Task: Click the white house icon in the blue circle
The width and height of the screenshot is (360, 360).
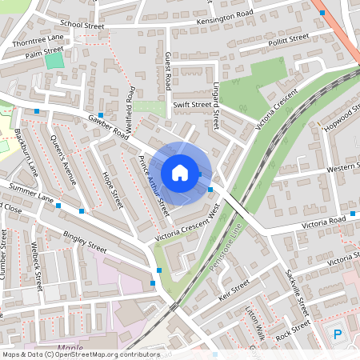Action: [180, 172]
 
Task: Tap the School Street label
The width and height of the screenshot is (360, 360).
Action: [82, 26]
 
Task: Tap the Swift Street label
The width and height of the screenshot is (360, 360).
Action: [191, 104]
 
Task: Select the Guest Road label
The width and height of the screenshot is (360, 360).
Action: [167, 72]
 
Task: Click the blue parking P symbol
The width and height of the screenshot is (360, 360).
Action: [337, 334]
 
